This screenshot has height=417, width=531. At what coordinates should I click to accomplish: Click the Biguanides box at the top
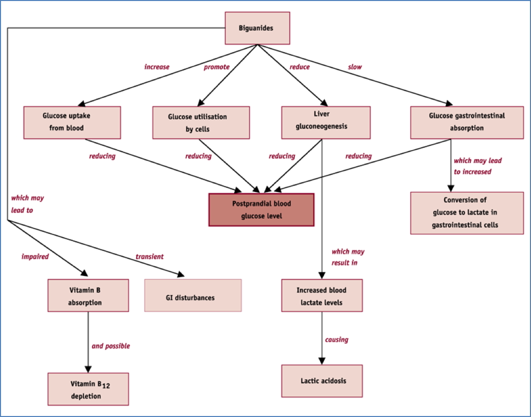[x=256, y=28]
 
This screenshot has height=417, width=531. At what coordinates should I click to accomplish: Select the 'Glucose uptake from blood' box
[x=72, y=122]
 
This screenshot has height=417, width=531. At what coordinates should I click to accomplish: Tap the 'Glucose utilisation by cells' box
[x=201, y=122]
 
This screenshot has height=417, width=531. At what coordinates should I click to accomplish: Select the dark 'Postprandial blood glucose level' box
[x=261, y=209]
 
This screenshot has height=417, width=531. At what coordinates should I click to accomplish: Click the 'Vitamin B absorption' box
[x=88, y=295]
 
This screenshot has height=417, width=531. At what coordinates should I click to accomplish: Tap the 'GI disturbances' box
[x=193, y=297]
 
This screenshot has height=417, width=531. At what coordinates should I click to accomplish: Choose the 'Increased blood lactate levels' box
[x=321, y=295]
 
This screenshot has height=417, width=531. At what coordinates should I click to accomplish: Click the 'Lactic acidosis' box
[x=321, y=380]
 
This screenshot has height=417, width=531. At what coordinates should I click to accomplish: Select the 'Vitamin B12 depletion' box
[x=88, y=389]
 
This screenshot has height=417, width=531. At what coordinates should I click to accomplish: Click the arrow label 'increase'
[x=157, y=66]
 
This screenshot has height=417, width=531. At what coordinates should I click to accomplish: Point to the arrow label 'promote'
[x=217, y=66]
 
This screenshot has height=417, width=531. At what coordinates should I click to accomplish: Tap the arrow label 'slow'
[x=354, y=66]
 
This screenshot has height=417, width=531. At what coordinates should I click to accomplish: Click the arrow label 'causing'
[x=336, y=339]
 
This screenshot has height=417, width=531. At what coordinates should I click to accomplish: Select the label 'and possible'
[x=111, y=345]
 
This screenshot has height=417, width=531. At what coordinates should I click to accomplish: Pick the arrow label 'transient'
[x=149, y=256]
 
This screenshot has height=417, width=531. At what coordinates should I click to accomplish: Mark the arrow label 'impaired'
[x=35, y=256]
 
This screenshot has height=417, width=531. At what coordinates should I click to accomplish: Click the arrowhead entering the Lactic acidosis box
[x=321, y=361]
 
